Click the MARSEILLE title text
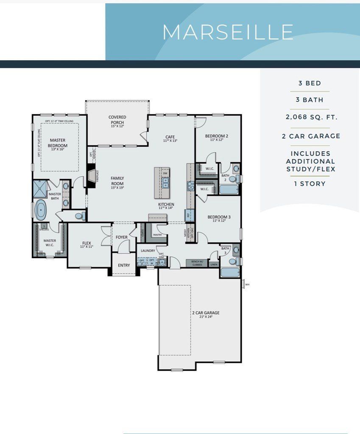tap(228, 32)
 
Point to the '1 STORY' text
tap(310, 184)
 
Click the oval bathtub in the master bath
tap(41, 210)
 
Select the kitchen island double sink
tap(165, 183)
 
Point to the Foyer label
tap(122, 237)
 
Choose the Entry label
tap(124, 265)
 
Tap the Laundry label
tap(148, 251)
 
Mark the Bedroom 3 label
tap(219, 219)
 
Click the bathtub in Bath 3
tap(229, 272)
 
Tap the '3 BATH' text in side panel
tap(310, 100)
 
